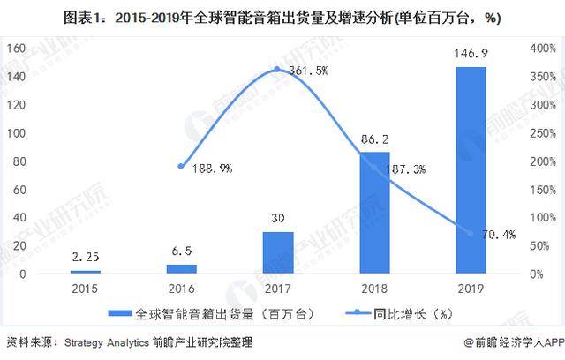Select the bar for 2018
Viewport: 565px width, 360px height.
coord(374,212)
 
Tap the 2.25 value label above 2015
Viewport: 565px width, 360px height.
coord(86,258)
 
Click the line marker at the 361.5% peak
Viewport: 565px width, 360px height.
coord(277,69)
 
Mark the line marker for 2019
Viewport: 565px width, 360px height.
coord(470,234)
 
